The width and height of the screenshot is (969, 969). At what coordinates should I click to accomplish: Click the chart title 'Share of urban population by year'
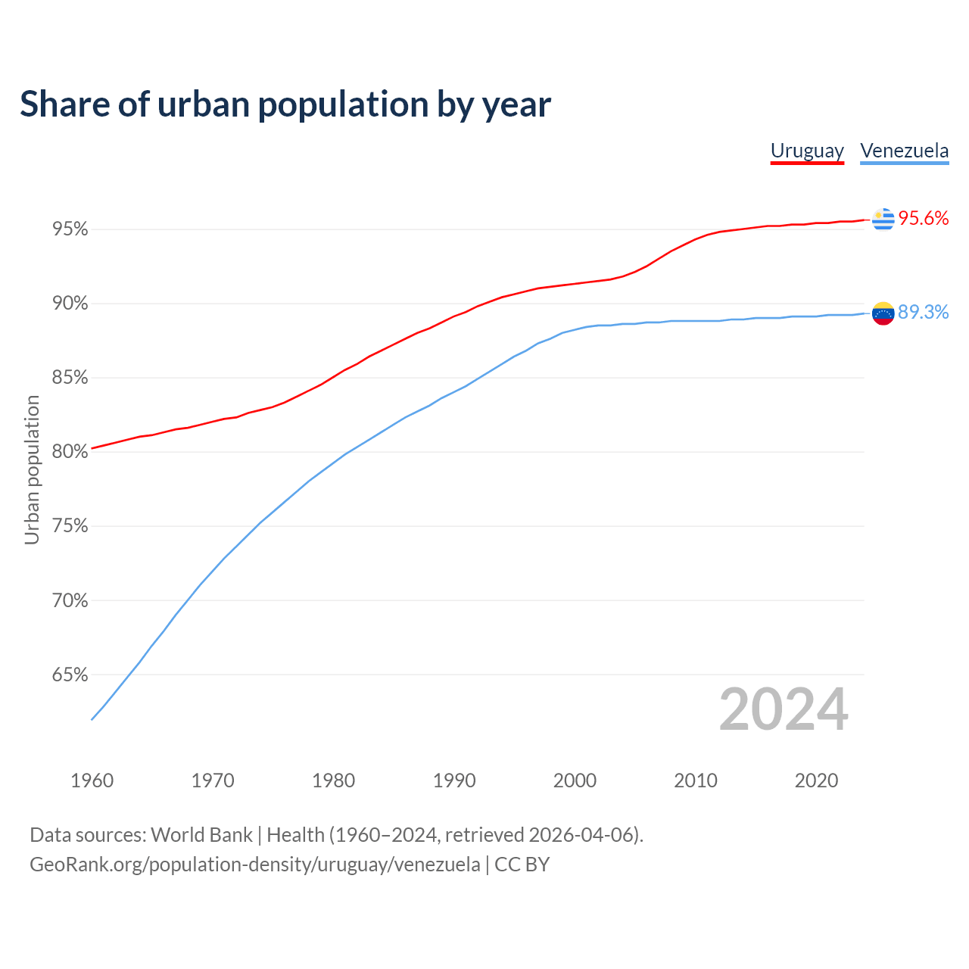coord(285,104)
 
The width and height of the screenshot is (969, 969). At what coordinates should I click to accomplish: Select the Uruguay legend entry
coord(807,151)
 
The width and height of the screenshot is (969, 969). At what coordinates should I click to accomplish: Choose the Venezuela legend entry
coord(904,151)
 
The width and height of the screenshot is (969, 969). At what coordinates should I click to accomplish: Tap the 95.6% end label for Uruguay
coord(923,219)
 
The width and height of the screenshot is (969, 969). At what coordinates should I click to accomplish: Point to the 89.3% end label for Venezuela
coord(923,313)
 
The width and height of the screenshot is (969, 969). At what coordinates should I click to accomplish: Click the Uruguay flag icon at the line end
coord(883,219)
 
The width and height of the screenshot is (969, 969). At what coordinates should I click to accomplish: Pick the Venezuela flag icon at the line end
coord(883,313)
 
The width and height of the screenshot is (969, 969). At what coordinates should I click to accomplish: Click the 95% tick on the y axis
coord(70,229)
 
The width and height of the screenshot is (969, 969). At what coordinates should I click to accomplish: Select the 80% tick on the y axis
coord(70,452)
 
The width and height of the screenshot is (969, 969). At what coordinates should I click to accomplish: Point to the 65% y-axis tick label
coord(70,675)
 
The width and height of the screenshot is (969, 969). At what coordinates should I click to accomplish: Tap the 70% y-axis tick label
coord(70,600)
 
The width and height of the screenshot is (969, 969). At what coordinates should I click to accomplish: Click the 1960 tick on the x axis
coord(92,780)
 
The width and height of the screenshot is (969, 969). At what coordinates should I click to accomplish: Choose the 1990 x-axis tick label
coord(454,780)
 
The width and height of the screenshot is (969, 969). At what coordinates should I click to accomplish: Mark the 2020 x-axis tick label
coord(816,780)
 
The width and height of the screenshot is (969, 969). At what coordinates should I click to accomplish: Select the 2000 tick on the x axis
coord(575,780)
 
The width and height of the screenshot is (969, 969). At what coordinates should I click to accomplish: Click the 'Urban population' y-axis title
coord(32,469)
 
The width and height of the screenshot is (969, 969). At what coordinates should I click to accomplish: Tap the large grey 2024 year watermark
coord(784,709)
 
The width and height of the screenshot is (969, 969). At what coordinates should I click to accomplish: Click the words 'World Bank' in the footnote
coord(201,835)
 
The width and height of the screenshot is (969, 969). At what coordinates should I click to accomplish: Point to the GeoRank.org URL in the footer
coord(254,865)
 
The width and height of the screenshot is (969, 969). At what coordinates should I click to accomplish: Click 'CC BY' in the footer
coord(522,865)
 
